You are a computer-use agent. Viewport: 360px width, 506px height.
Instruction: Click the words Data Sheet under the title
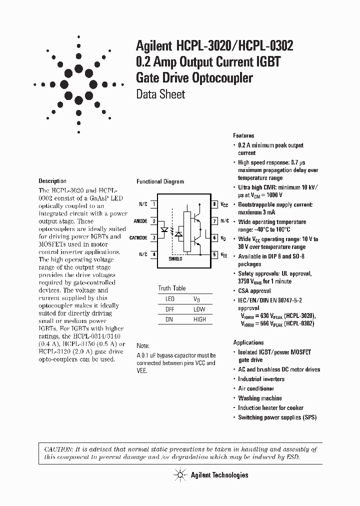coord(160,94)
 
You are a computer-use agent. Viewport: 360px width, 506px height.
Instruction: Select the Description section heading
coord(52,181)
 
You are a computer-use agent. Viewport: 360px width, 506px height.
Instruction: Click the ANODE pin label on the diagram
coord(140,220)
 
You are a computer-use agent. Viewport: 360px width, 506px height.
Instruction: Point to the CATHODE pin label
coord(138,237)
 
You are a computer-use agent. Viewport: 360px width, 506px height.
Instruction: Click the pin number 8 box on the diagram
coord(214,204)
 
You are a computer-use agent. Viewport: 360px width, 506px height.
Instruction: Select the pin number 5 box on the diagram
coord(214,254)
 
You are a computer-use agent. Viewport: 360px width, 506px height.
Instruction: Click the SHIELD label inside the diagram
coord(175,259)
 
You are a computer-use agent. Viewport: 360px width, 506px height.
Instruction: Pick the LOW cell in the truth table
coord(199,309)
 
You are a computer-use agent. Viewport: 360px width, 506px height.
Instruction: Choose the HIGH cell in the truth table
coord(199,319)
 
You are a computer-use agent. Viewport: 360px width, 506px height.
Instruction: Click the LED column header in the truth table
coord(169,299)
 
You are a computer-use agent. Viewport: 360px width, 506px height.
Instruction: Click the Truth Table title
coord(171,288)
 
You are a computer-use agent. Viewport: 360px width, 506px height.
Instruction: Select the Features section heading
coord(243,135)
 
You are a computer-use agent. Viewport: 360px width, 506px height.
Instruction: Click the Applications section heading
coord(248,342)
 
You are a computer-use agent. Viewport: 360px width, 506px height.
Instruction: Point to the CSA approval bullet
coord(254,290)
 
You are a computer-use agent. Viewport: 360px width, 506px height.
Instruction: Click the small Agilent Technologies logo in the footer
coord(179,474)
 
